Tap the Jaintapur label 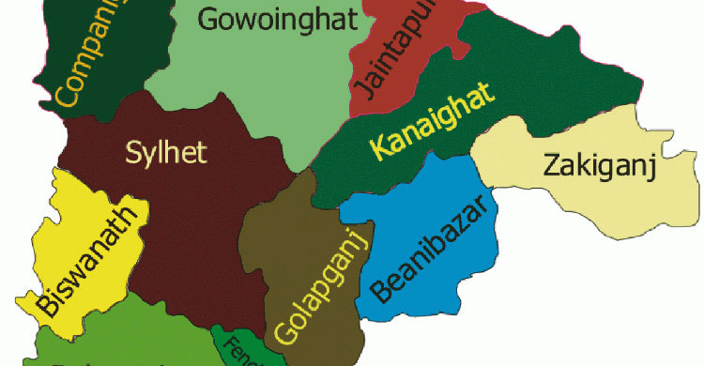tap(375, 53)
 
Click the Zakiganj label tap(598, 169)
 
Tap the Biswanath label tap(89, 262)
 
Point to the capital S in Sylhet tap(133, 150)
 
